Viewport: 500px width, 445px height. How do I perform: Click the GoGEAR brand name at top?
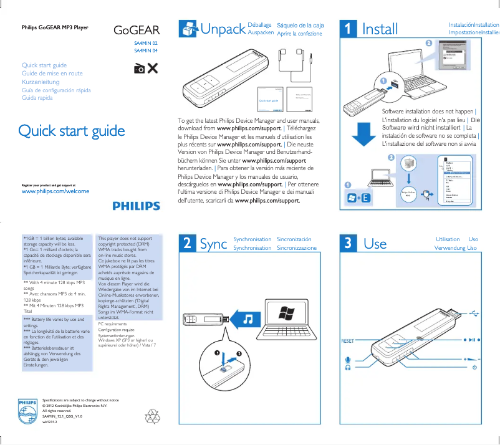(x=137, y=30)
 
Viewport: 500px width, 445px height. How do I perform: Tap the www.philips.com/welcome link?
(x=55, y=191)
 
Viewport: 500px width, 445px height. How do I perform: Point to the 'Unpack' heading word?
(x=222, y=29)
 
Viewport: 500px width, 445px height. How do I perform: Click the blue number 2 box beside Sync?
(x=186, y=244)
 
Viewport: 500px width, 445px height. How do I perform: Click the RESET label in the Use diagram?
(x=347, y=341)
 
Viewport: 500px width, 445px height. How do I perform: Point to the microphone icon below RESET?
(x=347, y=359)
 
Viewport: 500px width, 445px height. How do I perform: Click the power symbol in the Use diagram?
(x=475, y=367)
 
